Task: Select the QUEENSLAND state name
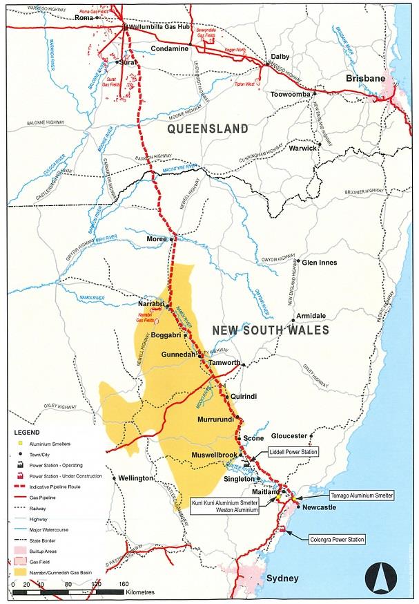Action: [x=208, y=129]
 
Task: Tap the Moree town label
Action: [x=157, y=238]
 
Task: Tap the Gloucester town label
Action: [x=288, y=436]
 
